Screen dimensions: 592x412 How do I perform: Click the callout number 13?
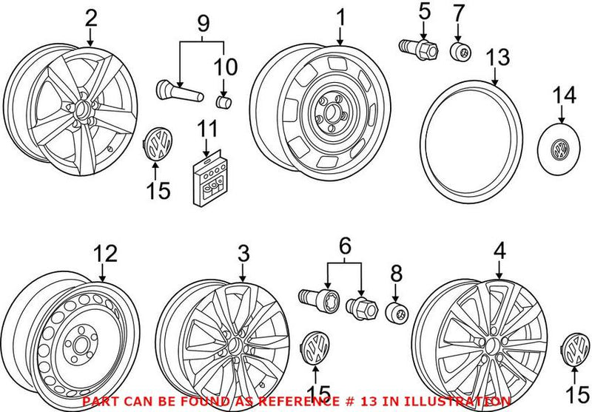(x=497, y=58)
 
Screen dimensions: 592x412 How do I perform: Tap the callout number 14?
(x=565, y=95)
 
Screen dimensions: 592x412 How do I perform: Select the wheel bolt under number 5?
(x=419, y=47)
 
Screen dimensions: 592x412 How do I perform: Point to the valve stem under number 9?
(x=180, y=91)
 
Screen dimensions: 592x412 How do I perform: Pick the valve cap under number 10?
(x=223, y=101)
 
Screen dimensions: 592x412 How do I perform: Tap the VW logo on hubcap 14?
(x=559, y=149)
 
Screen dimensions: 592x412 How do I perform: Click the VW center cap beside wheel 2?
(x=158, y=143)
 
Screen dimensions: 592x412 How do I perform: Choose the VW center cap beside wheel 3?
(x=316, y=348)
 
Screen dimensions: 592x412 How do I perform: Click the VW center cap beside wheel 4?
(x=576, y=350)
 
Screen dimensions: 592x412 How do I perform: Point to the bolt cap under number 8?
(x=397, y=313)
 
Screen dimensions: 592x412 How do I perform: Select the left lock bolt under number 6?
(x=319, y=300)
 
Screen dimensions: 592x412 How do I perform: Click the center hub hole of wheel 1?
(x=332, y=112)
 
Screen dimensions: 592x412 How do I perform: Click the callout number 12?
(x=105, y=254)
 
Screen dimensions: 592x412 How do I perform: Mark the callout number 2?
(x=91, y=18)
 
